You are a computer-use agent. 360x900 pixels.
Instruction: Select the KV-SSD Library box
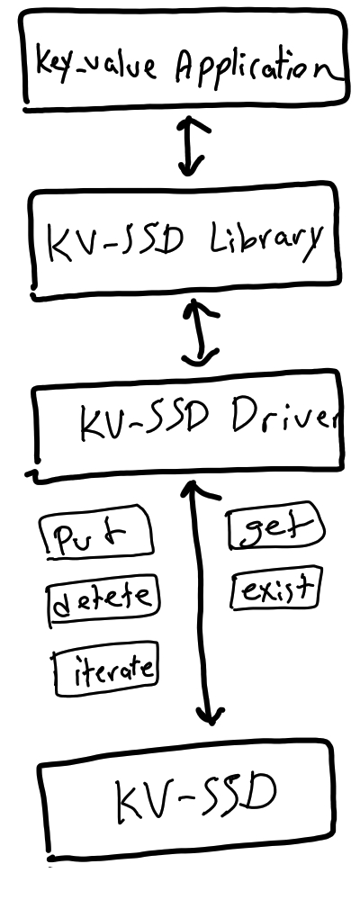[184, 241]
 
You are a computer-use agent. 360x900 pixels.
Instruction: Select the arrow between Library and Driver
[200, 330]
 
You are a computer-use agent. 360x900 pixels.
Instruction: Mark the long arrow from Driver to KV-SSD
[202, 603]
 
